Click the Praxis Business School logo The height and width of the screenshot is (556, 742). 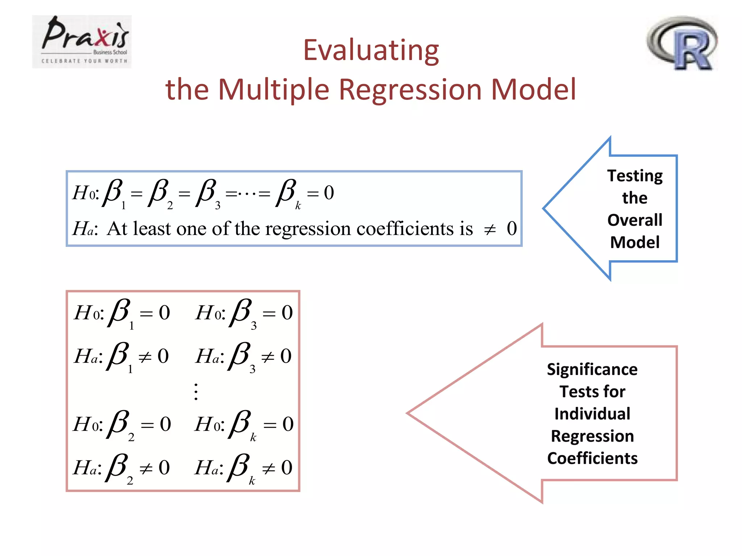(82, 41)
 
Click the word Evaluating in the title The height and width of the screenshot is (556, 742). (371, 51)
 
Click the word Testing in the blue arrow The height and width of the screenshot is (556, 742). (635, 176)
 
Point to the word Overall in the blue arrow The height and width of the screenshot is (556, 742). (635, 220)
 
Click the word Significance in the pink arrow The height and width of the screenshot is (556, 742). (592, 370)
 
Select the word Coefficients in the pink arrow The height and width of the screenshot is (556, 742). (592, 458)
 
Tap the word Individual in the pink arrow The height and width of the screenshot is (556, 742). (592, 414)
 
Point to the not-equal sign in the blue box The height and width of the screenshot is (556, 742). (490, 229)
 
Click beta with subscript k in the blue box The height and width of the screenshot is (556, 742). (287, 194)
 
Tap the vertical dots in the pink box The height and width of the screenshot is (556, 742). (196, 392)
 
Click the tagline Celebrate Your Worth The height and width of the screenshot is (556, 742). (84, 61)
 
